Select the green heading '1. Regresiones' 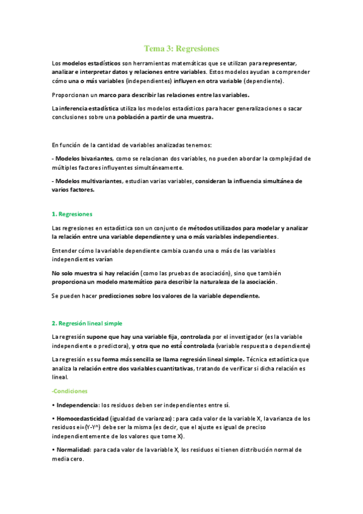pos(73,214)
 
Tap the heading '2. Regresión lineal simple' pos(87,323)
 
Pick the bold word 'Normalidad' pos(73,450)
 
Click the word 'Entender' pos(67,250)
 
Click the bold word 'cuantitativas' pos(172,368)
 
